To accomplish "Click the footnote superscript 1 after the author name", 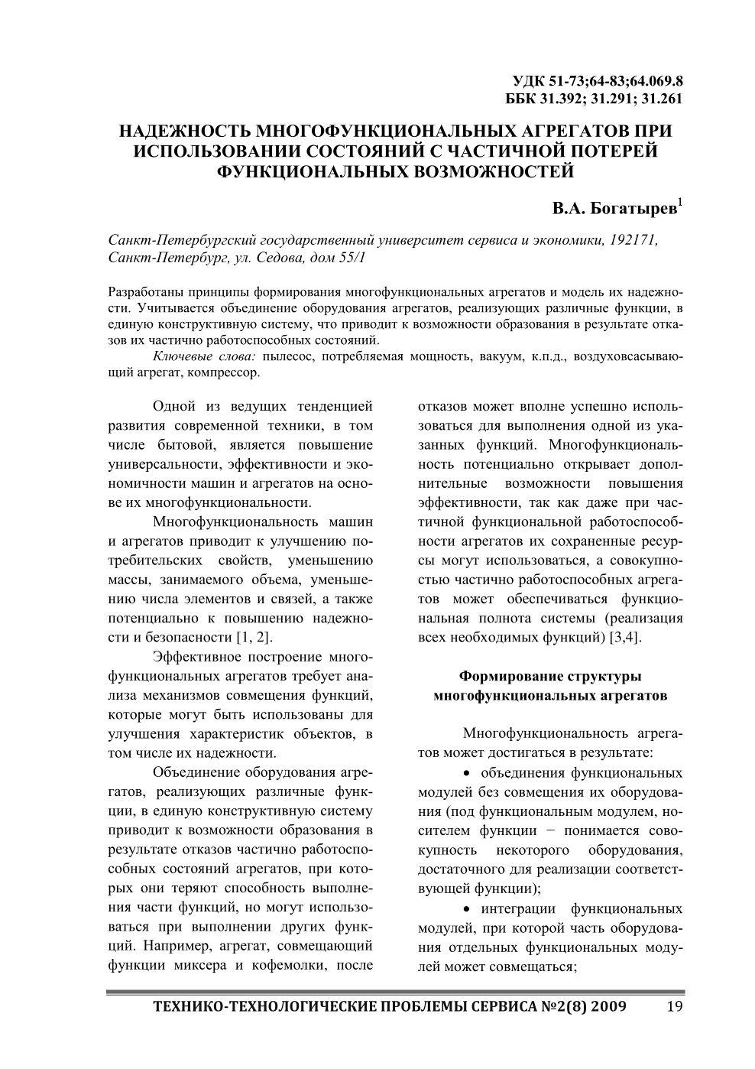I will tap(680, 203).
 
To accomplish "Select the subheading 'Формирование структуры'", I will tap(549, 676).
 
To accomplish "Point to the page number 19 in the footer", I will tap(674, 1006).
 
